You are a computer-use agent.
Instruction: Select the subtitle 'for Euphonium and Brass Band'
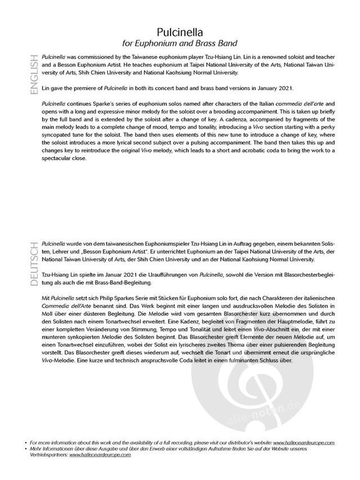click(x=180, y=43)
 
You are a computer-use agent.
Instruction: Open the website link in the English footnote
click(x=306, y=443)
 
